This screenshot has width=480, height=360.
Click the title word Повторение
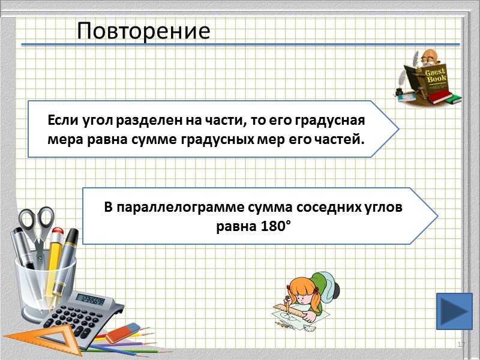click(144, 31)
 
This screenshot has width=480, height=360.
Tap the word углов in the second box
click(384, 208)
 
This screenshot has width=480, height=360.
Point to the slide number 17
click(461, 344)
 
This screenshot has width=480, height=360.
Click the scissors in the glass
click(36, 225)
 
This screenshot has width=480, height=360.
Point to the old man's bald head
click(427, 56)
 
